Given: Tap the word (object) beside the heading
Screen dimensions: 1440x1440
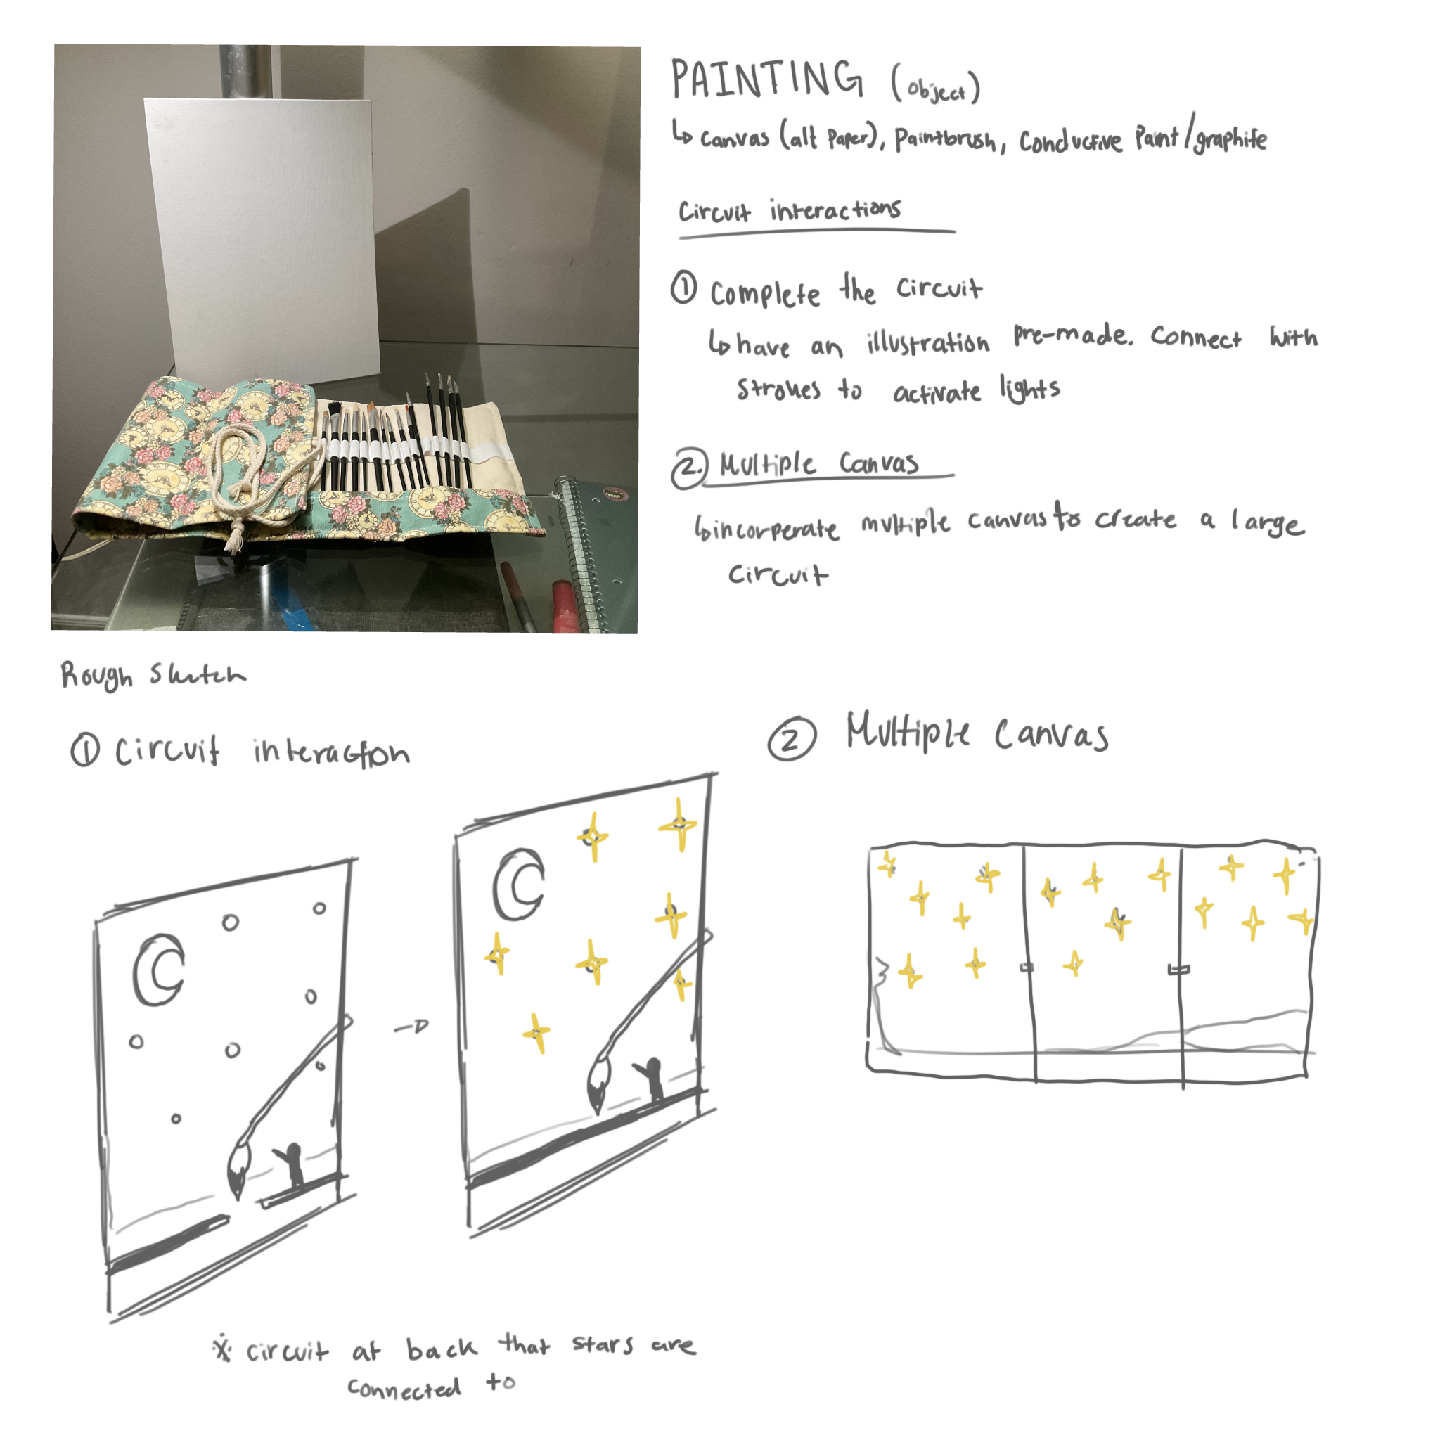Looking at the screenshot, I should [x=935, y=88].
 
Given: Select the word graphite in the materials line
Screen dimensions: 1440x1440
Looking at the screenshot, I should [x=1230, y=139].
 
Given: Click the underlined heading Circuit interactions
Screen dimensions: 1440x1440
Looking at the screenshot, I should [x=790, y=211].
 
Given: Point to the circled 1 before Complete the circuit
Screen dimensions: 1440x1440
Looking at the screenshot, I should [x=683, y=288].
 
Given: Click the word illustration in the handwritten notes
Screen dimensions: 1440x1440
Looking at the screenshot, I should [x=928, y=343].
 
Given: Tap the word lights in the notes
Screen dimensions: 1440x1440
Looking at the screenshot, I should [x=1029, y=389].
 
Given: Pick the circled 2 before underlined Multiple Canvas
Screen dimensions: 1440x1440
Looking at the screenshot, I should [x=688, y=469].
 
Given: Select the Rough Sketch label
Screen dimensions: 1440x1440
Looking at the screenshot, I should [x=153, y=674].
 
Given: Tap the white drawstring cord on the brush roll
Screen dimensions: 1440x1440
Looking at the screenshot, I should [x=246, y=470].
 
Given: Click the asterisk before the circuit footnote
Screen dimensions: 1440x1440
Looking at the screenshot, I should [x=222, y=1349].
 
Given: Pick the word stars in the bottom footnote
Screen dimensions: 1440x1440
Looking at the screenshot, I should [x=603, y=1343].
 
